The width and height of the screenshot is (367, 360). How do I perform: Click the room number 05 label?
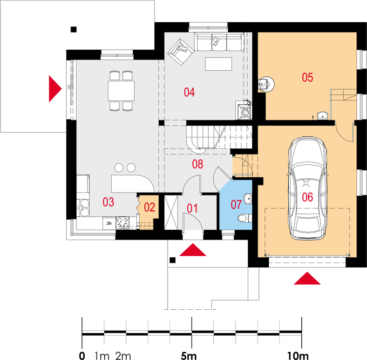point(307,77)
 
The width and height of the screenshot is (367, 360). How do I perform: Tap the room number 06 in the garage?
point(307,197)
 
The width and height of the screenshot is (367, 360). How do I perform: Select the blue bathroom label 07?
point(236,205)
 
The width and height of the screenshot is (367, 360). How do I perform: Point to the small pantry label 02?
point(150,207)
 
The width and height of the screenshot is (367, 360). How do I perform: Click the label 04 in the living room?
point(189,92)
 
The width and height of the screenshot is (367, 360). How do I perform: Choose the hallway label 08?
point(197,164)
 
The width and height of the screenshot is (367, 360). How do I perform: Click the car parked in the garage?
point(307,188)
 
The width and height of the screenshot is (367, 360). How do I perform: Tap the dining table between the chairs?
point(121,91)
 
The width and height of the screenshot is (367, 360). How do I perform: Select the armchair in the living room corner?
point(180,52)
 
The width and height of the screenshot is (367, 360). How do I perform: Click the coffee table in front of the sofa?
point(218,64)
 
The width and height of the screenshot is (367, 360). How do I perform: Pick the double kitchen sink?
point(84,208)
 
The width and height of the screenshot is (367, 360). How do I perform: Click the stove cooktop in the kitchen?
point(123,223)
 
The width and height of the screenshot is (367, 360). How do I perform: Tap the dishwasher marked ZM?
point(109,223)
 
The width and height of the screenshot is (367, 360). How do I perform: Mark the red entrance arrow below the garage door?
point(307,278)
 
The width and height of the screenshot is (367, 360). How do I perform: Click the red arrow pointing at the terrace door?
point(55,89)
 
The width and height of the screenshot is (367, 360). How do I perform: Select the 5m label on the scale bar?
point(189,356)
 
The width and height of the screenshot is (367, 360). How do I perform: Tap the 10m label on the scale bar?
point(298,356)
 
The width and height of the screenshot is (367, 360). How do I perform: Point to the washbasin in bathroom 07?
point(248,199)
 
